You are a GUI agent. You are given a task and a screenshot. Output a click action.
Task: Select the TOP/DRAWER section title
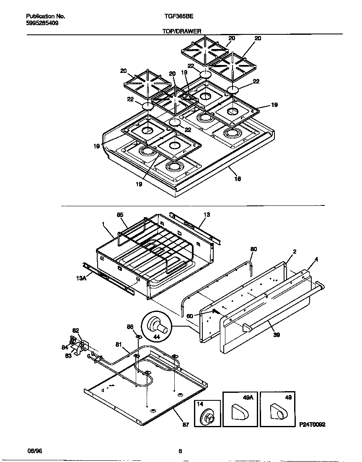pyautogui.click(x=182, y=31)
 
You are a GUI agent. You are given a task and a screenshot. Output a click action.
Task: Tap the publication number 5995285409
pyautogui.click(x=42, y=23)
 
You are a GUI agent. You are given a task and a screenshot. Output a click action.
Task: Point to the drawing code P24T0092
pyautogui.click(x=313, y=424)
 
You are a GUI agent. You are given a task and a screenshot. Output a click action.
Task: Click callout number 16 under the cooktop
pyautogui.click(x=237, y=179)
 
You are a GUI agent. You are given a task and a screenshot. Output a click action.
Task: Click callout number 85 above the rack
pyautogui.click(x=120, y=215)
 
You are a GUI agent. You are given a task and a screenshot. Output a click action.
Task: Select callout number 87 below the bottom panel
pyautogui.click(x=186, y=425)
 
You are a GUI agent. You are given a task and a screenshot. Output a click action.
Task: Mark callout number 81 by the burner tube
pyautogui.click(x=119, y=345)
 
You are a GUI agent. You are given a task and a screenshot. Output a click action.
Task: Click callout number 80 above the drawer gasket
pyautogui.click(x=253, y=249)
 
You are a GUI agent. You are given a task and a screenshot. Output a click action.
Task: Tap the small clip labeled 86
pyautogui.click(x=137, y=336)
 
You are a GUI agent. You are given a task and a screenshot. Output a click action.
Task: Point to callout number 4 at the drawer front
pyautogui.click(x=316, y=260)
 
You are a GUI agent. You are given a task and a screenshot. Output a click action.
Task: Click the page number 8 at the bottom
pyautogui.click(x=180, y=451)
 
